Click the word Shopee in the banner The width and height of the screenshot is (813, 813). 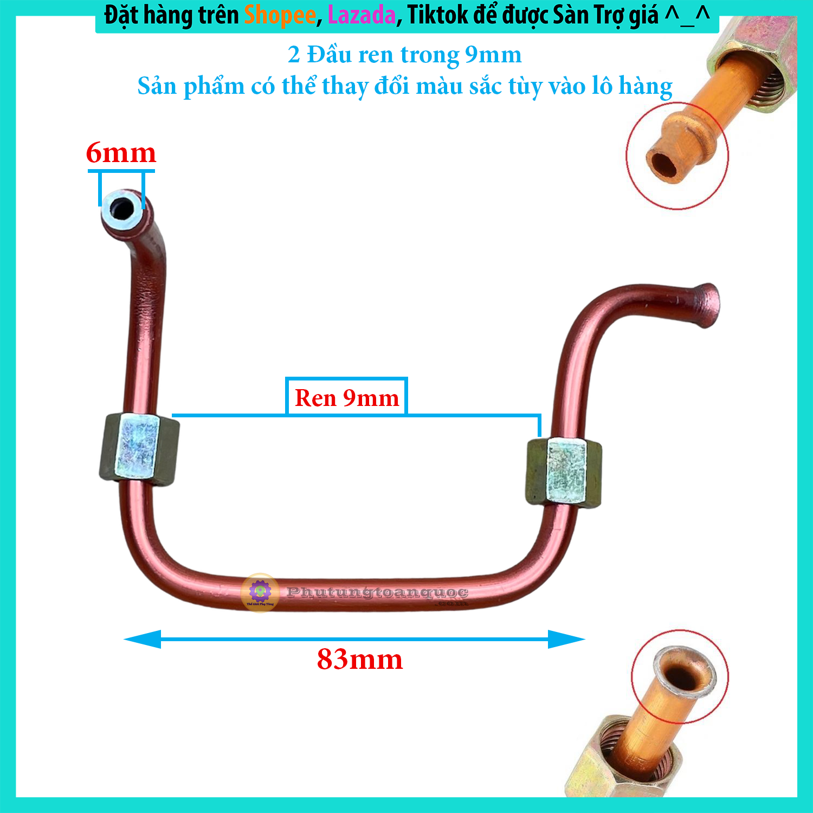(280, 15)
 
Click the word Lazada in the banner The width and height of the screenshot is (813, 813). (362, 15)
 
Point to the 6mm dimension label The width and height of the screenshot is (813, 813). (121, 153)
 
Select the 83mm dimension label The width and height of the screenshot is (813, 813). (360, 660)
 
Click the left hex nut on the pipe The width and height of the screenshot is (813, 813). (139, 449)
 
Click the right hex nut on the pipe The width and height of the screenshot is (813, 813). (564, 472)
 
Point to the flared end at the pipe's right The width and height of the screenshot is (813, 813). (706, 305)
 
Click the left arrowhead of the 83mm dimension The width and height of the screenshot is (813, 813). (143, 639)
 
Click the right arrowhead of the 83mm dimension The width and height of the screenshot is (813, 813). (566, 639)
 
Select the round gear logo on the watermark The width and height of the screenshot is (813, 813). (260, 592)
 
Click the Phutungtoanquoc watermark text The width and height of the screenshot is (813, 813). (377, 593)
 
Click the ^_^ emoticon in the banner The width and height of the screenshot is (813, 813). (687, 15)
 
